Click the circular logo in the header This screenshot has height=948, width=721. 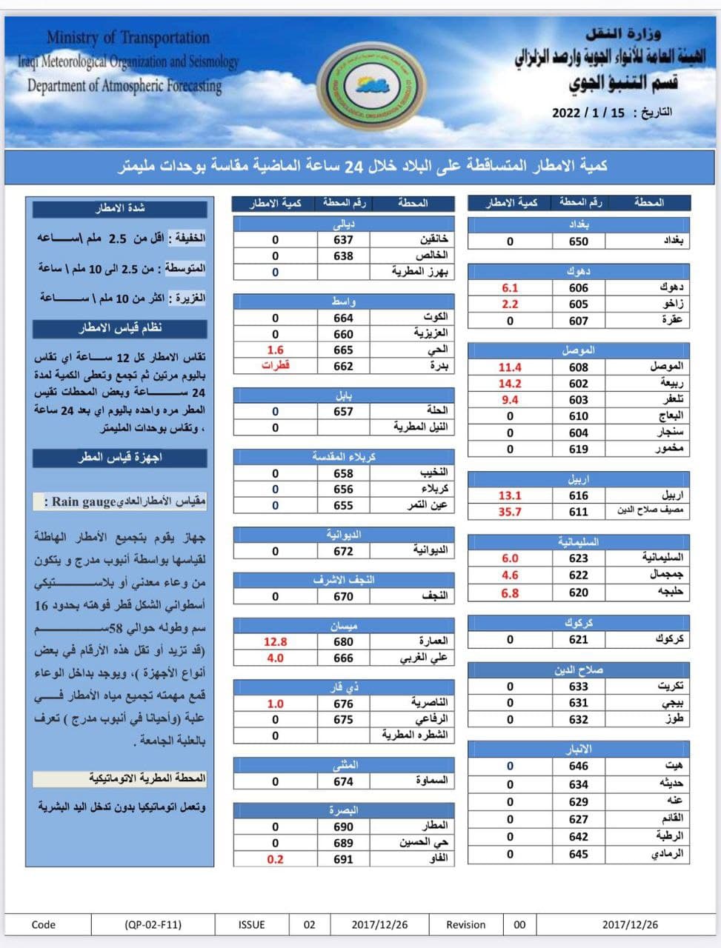coord(371,87)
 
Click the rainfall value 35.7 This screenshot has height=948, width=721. coord(510,512)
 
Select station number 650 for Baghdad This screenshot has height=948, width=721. coord(578,241)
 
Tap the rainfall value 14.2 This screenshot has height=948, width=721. coord(510,384)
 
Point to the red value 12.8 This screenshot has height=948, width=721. coord(275,642)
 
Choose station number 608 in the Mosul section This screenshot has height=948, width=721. coord(578,367)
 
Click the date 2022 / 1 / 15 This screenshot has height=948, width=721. coord(588,113)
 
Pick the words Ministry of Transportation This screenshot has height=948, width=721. coord(128,37)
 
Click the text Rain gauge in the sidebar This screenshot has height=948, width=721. coord(84,502)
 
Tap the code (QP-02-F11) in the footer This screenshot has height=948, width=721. coord(153,924)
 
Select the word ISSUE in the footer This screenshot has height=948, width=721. coord(251,924)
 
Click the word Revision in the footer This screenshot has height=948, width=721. coord(465,924)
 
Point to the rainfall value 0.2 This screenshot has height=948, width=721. coord(275,859)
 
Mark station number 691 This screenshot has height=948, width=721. coord(343,859)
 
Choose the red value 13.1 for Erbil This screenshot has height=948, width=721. coord(510,495)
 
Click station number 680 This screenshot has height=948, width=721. coord(343,642)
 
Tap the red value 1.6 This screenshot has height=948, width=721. coord(275,350)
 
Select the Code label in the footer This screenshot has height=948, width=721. coord(44,924)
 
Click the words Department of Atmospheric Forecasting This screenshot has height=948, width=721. coord(124,86)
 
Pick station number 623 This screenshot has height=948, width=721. coord(578,558)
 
